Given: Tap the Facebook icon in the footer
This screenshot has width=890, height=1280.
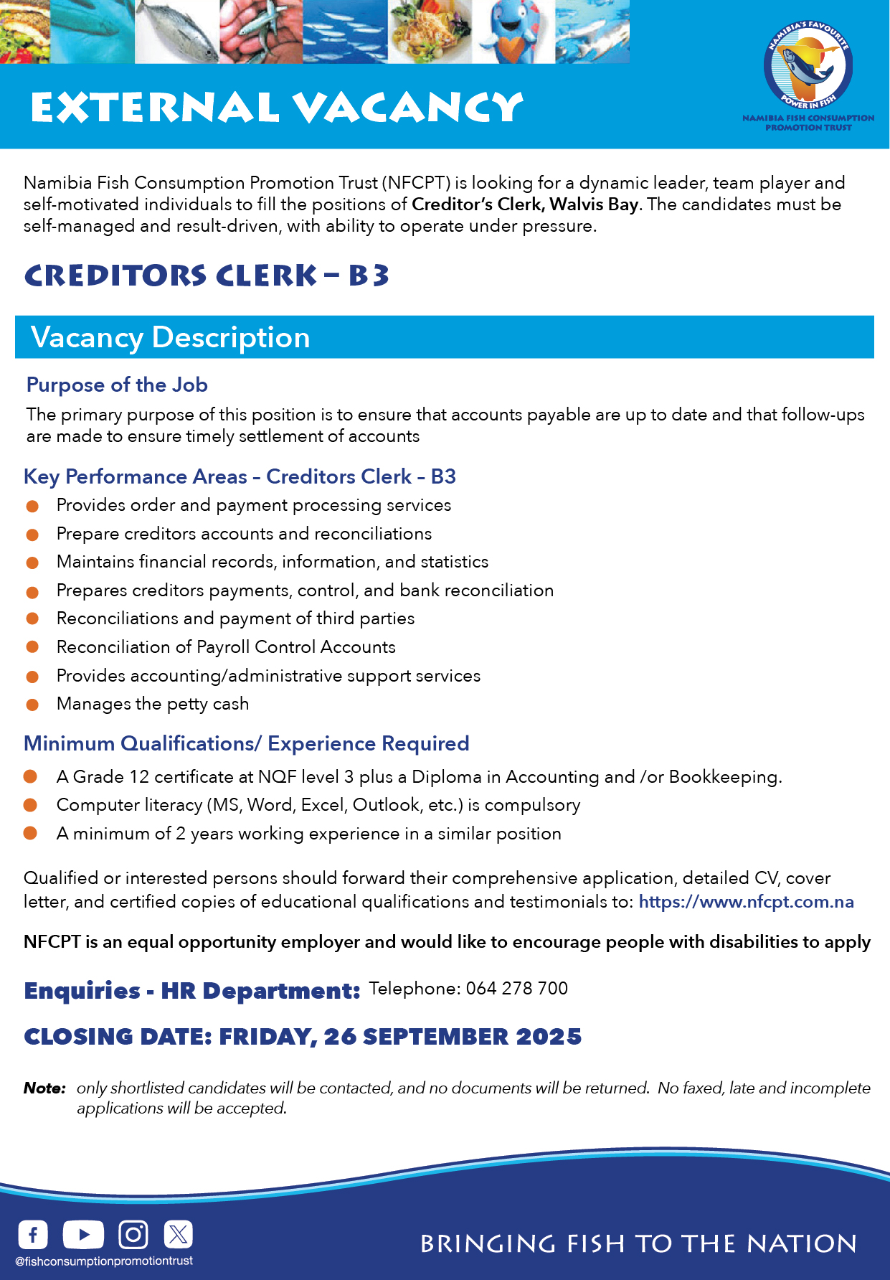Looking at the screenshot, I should pos(33,1235).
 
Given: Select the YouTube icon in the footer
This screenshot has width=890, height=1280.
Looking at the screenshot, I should pos(83,1235).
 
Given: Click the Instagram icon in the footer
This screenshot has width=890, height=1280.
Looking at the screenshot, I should pos(133,1235).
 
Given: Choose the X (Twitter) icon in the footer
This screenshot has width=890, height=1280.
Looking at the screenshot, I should pos(178,1235).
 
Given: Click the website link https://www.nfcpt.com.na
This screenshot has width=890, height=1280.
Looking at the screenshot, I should pos(746,902).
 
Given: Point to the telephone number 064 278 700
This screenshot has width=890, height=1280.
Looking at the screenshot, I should pos(516,989).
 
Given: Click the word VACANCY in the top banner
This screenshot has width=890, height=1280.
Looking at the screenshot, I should pos(408,108).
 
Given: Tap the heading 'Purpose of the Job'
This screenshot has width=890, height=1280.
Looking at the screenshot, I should pos(117,385).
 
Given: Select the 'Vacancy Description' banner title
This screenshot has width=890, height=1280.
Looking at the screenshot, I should pos(171,337).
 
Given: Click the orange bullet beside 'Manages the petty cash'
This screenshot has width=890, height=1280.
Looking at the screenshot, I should pos(32,705).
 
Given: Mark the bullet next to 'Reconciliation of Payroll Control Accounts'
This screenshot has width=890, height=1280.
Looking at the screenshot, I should pos(32,647).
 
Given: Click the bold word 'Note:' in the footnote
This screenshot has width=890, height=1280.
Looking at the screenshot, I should pos(44,1088).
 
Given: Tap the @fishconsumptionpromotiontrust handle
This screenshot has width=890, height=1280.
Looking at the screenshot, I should pos(104,1261).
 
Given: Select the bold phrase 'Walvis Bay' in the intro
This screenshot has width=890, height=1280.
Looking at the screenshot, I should pos(594,204).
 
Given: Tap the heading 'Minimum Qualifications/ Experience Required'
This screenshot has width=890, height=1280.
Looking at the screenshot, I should pos(247,744).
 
